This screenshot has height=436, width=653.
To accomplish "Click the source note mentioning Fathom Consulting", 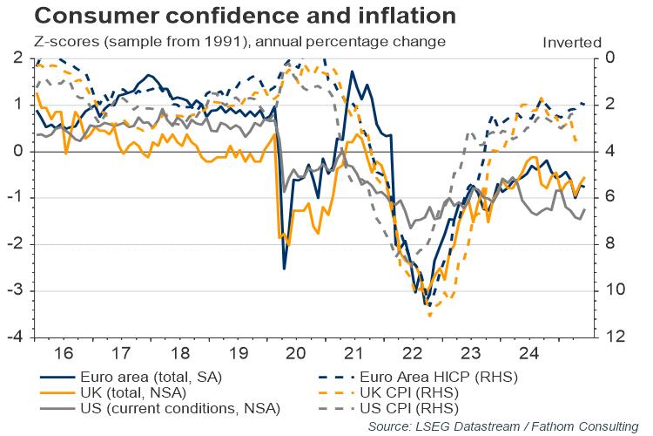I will pos(531,425).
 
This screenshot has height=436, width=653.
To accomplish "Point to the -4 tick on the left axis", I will pos(19,337).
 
